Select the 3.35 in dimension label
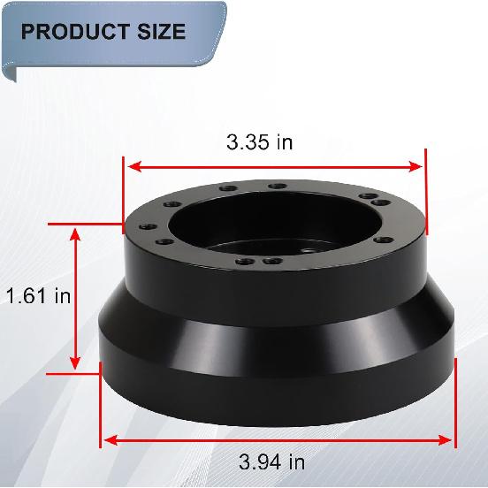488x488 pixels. coord(259,142)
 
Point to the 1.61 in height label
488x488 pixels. coord(38,296)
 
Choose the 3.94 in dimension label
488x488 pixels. coord(272,461)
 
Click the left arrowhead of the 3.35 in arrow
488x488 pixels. coord(129,165)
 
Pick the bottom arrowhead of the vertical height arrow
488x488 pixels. coord(76,365)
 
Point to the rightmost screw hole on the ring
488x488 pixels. coord(405,215)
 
